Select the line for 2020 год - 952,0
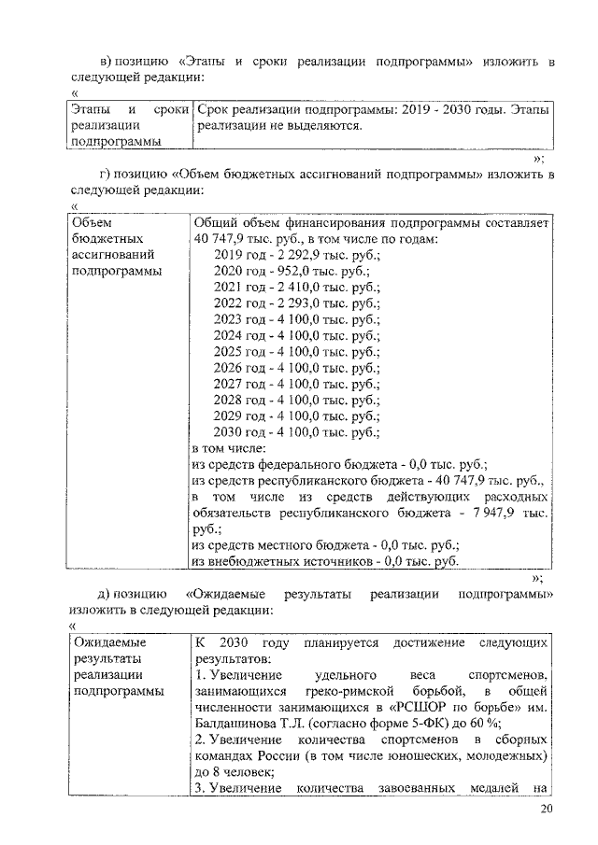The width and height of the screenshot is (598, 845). (292, 271)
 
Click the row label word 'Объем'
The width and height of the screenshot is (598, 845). (92, 222)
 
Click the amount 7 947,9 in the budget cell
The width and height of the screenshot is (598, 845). (494, 513)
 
